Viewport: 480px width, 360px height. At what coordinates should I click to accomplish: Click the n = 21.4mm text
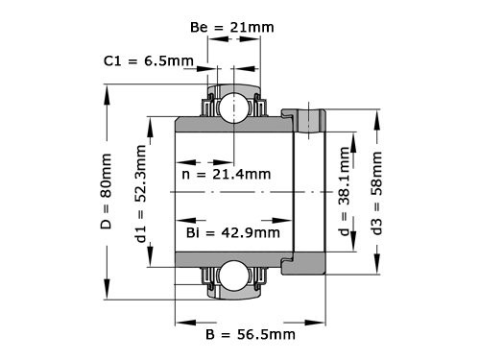pos(226,175)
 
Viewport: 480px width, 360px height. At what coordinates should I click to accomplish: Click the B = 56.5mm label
pos(250,335)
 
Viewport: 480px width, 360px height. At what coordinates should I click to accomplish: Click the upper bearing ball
pos(231,108)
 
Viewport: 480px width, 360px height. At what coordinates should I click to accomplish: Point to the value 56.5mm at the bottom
pos(267,335)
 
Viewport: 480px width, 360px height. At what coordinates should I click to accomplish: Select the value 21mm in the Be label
pos(252,29)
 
